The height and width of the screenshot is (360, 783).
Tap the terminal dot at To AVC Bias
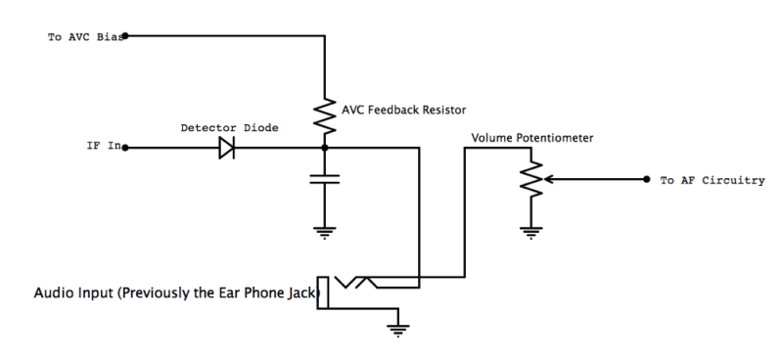click(x=124, y=36)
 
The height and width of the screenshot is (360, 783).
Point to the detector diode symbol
click(x=226, y=149)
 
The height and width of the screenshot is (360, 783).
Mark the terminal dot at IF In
click(x=124, y=149)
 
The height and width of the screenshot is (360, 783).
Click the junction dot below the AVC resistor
click(x=324, y=149)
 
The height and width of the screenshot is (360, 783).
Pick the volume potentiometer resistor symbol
click(x=530, y=180)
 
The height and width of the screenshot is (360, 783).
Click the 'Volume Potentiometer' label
click(x=533, y=138)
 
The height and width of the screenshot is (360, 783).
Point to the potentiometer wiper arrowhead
click(x=545, y=180)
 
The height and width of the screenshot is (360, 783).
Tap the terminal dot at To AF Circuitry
click(x=647, y=180)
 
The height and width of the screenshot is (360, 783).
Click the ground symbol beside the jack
click(x=396, y=328)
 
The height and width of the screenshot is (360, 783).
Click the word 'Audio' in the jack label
click(x=54, y=292)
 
